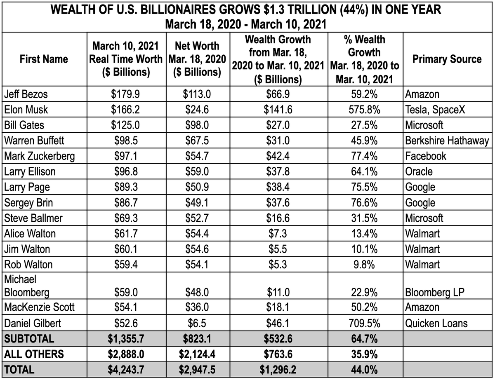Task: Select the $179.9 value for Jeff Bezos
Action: [126, 94]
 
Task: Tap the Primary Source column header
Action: [447, 59]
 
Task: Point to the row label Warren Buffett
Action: [34, 141]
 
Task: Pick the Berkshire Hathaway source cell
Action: [447, 141]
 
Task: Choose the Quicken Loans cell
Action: [436, 323]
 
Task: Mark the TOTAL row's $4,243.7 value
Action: [126, 370]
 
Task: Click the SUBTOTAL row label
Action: [29, 339]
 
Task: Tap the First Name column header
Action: [44, 59]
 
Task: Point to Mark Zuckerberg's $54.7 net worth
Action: [197, 156]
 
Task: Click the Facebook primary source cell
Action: [426, 156]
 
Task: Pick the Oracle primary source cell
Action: [419, 171]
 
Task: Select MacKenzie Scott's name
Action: [34, 307]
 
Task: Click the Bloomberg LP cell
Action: [435, 292]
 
